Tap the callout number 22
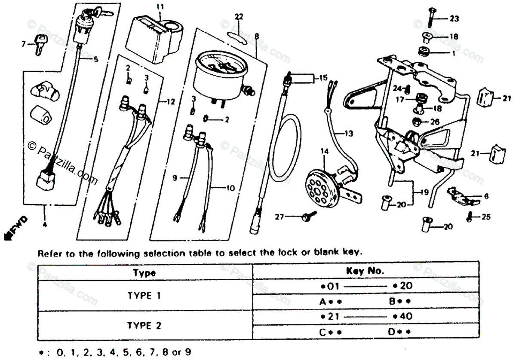[239, 16]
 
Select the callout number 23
[454, 18]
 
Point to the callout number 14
[324, 151]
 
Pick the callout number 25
[485, 217]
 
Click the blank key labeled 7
[40, 43]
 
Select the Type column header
[144, 272]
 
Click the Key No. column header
[365, 272]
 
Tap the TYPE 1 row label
[144, 296]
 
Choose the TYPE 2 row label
[144, 326]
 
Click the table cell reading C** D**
[365, 332]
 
